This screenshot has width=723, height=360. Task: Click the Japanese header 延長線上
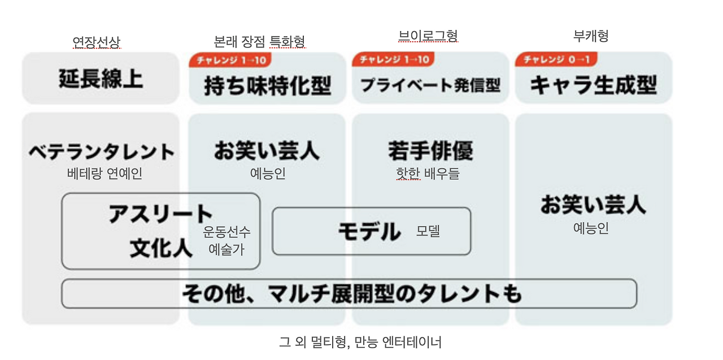101,79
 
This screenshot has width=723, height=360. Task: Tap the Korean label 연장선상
97,42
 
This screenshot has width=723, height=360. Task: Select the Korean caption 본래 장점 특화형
259,41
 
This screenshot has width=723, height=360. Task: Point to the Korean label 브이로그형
428,36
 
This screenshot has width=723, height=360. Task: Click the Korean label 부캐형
591,36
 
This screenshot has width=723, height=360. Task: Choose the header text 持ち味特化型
267,86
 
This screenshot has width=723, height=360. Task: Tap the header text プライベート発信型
430,85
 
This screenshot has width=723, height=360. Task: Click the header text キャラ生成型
593,85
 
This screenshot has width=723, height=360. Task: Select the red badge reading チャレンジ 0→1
556,59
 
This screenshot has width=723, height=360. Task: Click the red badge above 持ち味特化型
230,60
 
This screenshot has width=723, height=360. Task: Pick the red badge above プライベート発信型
393,59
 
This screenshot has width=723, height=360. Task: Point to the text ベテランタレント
102,152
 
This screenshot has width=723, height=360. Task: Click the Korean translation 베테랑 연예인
104,174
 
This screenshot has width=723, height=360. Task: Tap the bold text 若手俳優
430,151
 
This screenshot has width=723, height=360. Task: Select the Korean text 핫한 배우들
428,174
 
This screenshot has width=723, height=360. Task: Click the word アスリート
160,215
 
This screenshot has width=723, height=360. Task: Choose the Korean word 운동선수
227,232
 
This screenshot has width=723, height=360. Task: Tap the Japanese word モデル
369,232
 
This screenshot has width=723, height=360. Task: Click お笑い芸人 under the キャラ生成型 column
593,205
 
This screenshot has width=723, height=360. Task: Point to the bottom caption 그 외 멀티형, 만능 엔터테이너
360,342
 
